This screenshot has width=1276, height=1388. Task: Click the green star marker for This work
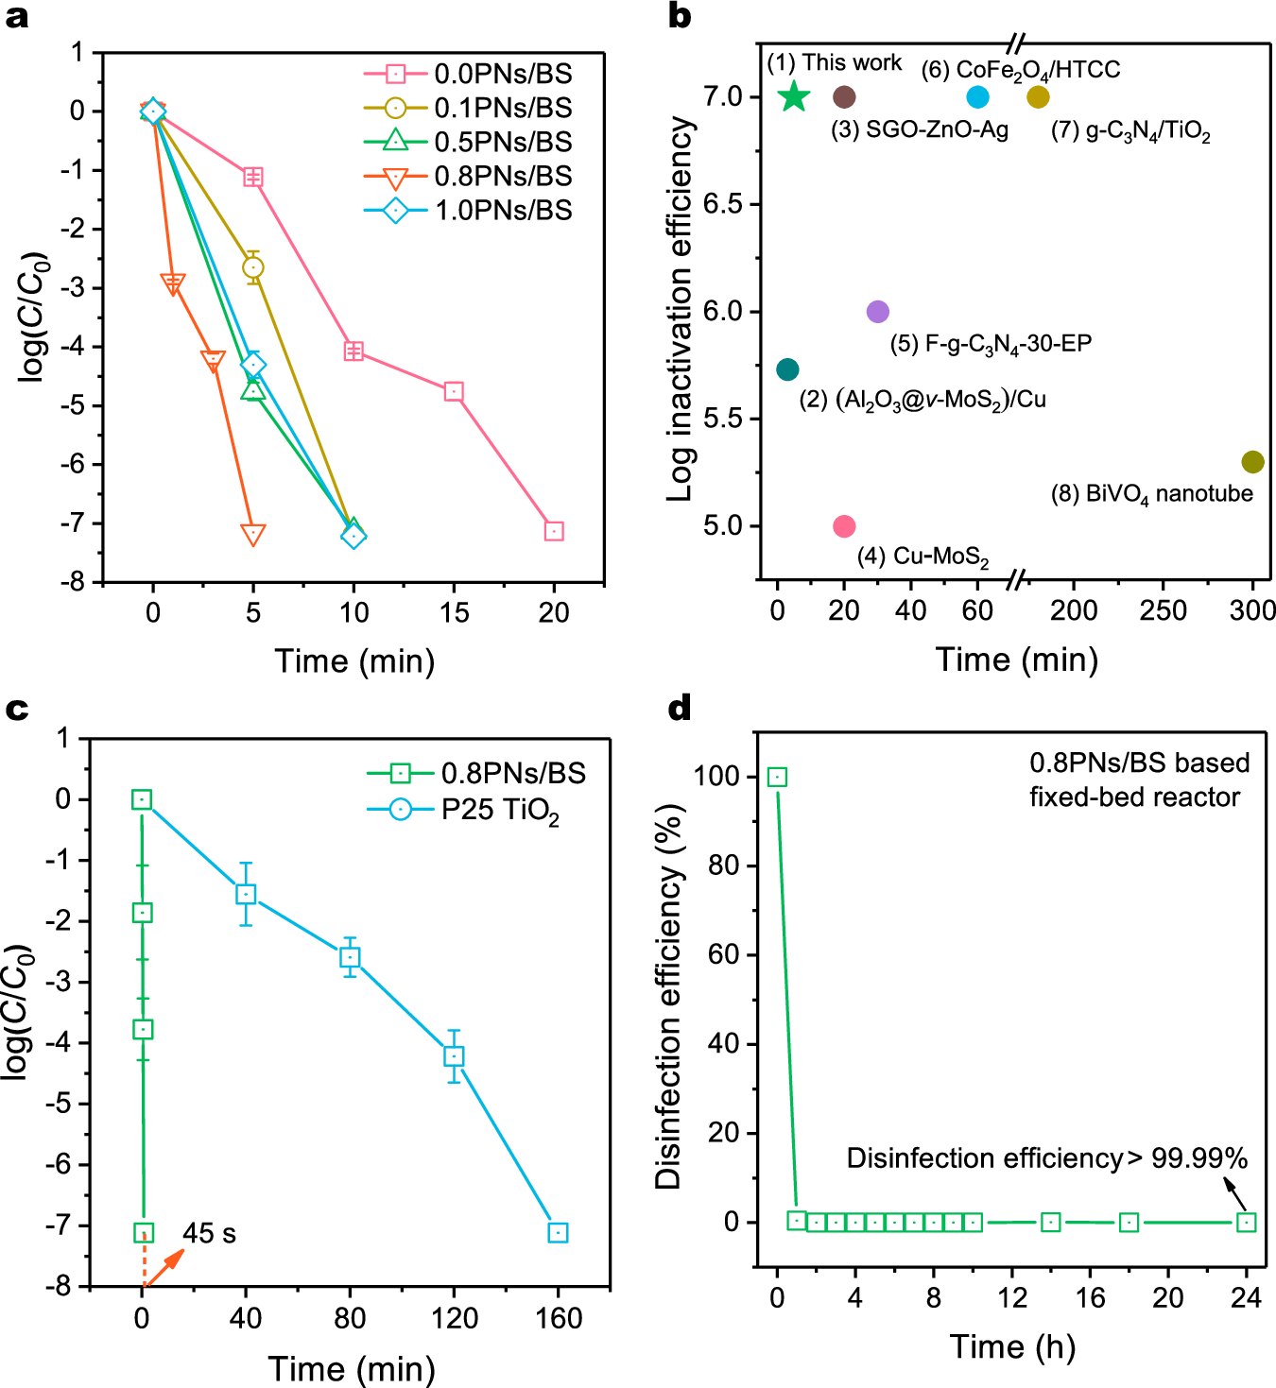pyautogui.click(x=794, y=96)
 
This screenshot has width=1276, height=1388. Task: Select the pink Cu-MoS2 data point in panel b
pyautogui.click(x=844, y=526)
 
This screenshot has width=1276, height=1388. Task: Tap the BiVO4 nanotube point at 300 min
pyautogui.click(x=1252, y=462)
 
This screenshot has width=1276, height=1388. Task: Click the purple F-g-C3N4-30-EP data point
pyautogui.click(x=877, y=312)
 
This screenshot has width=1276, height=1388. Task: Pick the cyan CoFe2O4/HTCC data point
pyautogui.click(x=978, y=96)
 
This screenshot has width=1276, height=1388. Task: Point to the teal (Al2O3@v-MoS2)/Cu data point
pyautogui.click(x=787, y=369)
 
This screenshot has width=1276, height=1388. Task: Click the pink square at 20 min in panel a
pyautogui.click(x=554, y=531)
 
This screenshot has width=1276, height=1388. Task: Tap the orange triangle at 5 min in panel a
pyautogui.click(x=253, y=534)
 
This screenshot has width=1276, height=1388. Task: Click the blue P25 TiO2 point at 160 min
pyautogui.click(x=558, y=1232)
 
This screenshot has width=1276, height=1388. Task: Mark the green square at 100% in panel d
pyautogui.click(x=777, y=777)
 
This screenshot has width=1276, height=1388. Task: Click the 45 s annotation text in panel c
pyautogui.click(x=209, y=1233)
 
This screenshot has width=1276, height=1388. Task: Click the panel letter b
pyautogui.click(x=679, y=16)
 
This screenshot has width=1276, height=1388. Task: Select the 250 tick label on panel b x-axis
pyautogui.click(x=1163, y=610)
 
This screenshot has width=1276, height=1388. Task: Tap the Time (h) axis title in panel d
pyautogui.click(x=1012, y=1346)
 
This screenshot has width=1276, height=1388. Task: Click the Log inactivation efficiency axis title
pyautogui.click(x=681, y=309)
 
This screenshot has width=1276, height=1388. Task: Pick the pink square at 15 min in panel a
pyautogui.click(x=454, y=391)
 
